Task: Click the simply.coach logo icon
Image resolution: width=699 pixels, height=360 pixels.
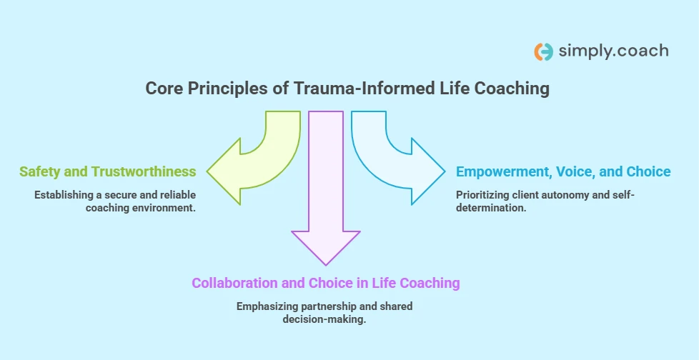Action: tap(543, 51)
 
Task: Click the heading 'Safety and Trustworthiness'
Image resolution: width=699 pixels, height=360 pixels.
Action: tap(107, 171)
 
